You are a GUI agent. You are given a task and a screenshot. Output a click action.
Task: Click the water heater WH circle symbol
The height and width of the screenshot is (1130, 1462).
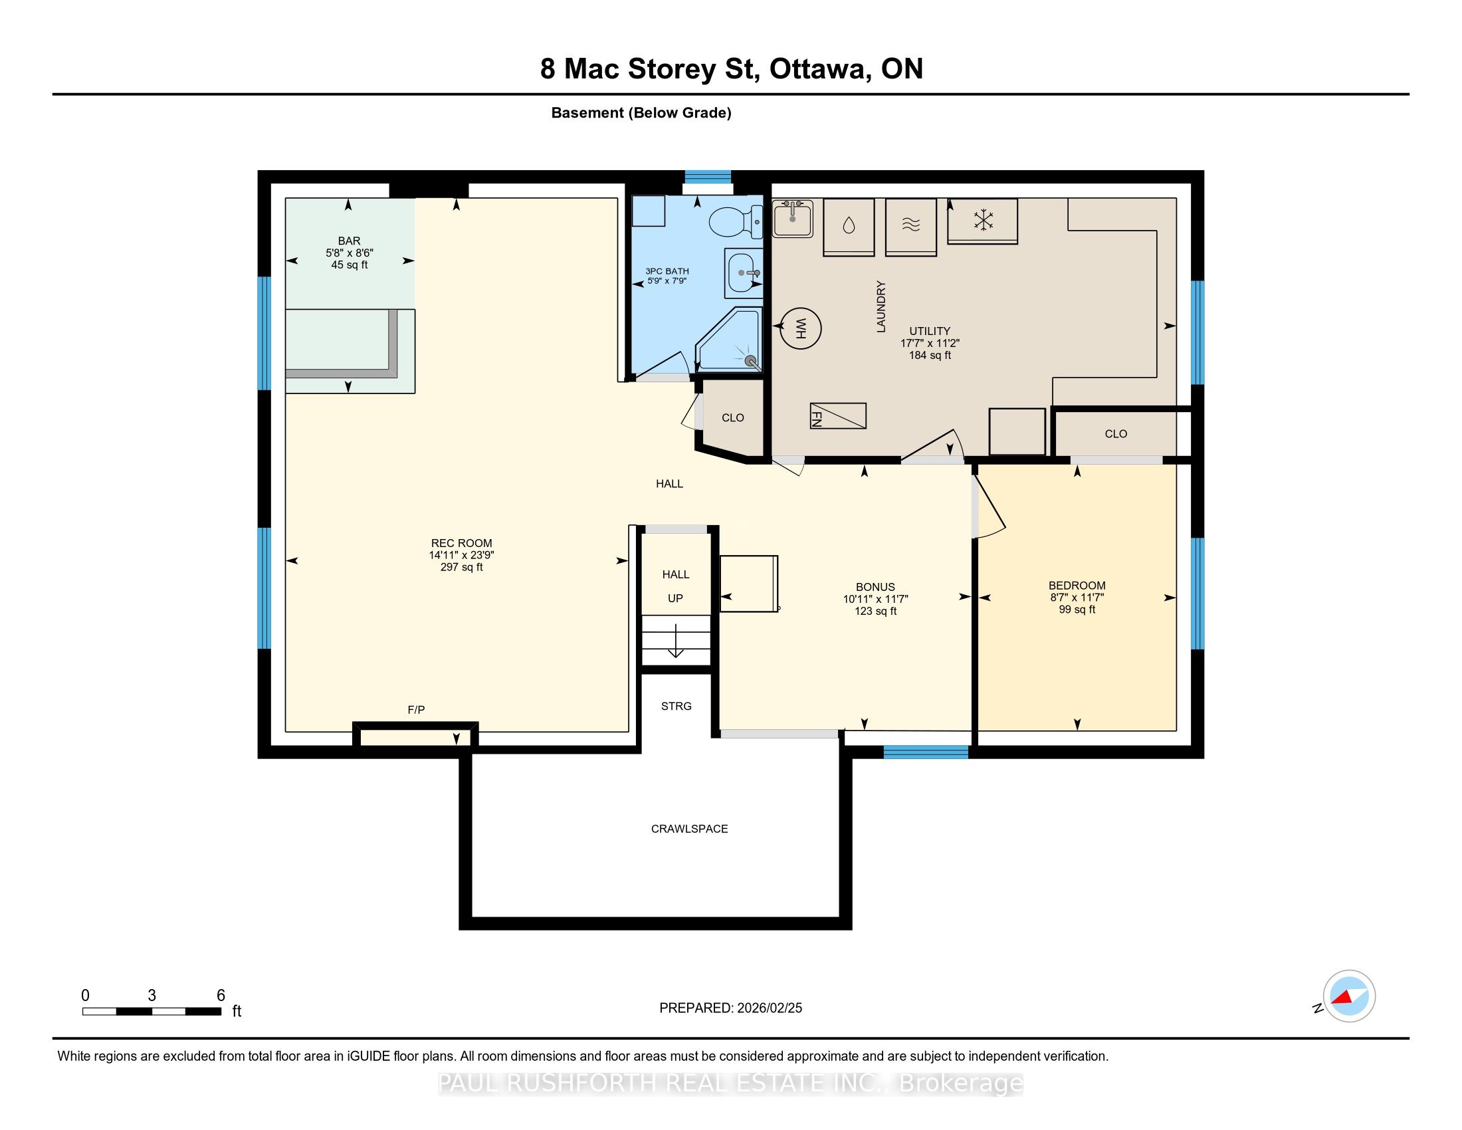800,328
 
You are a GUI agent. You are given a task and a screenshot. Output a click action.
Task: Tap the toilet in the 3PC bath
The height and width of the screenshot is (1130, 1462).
736,221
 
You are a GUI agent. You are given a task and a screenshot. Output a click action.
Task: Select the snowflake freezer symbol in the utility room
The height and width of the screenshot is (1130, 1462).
983,220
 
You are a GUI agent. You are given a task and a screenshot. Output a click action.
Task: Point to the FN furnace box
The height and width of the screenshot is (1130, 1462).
838,415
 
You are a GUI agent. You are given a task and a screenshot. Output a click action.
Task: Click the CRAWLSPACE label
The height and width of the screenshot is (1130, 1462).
690,829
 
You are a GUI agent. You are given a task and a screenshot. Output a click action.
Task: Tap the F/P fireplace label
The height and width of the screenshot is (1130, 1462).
417,710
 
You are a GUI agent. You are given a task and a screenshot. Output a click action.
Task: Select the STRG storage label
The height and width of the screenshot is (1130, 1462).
676,706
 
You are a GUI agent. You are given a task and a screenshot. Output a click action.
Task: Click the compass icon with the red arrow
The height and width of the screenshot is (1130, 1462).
1349,996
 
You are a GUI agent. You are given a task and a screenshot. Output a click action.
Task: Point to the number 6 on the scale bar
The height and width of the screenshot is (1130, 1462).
221,996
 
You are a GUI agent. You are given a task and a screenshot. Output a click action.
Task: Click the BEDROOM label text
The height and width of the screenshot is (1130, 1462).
1077,586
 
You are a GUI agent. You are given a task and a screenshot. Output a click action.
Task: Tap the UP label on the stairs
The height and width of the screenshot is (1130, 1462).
675,598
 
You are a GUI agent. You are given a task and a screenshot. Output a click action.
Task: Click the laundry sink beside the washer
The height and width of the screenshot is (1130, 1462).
793,218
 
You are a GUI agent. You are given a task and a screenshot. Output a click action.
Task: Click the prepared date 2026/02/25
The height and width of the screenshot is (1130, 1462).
769,1008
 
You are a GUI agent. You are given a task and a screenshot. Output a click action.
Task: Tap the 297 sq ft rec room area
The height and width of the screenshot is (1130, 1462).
461,567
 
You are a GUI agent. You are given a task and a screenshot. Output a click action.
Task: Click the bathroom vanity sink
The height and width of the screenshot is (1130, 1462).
744,273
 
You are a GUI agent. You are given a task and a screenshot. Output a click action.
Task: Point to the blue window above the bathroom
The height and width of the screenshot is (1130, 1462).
708,177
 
